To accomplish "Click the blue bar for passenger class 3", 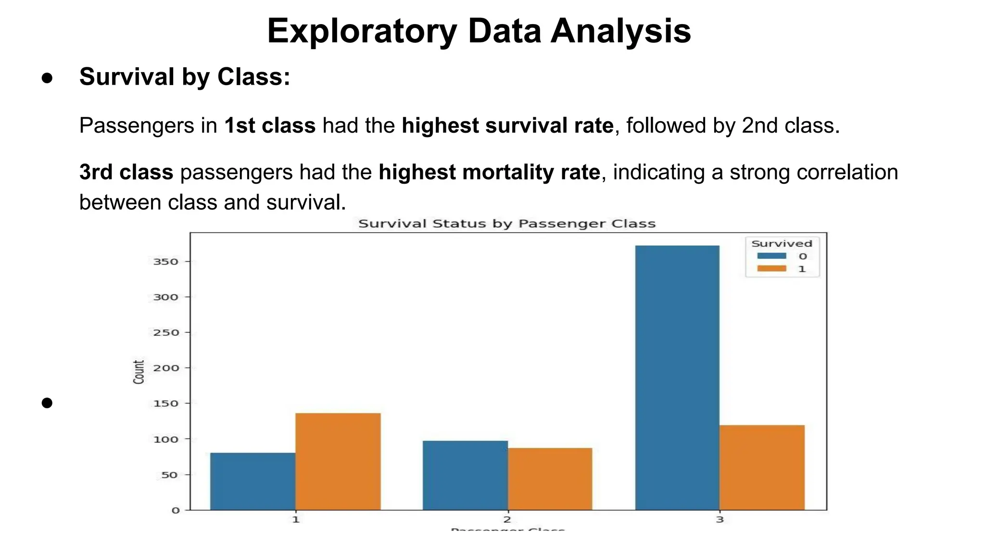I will (x=677, y=378).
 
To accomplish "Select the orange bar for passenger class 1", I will (x=338, y=462).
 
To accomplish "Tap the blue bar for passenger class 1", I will (x=253, y=481).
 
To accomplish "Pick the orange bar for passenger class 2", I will (x=550, y=479).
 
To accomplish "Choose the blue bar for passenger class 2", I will (x=465, y=475).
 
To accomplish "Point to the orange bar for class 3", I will (x=762, y=467).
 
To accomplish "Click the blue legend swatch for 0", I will (x=771, y=256).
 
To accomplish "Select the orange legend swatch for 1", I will (x=771, y=269).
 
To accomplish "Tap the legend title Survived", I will (x=782, y=243).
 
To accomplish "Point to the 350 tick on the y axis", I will (x=165, y=262).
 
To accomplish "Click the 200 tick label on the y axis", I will (x=165, y=368).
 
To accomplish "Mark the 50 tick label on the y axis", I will (x=169, y=475).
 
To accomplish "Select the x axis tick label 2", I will (x=507, y=519).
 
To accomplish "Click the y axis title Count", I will (x=139, y=372).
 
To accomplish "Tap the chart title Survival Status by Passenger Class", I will (x=507, y=224).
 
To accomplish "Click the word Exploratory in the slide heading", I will (x=362, y=31).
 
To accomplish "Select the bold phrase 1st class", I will (x=270, y=126).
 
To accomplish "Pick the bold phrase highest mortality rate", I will (x=489, y=172).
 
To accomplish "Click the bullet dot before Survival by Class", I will (x=47, y=78).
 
